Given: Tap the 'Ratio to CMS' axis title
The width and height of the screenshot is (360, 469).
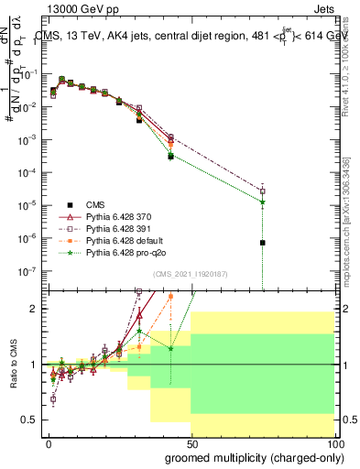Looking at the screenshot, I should click(x=12, y=366).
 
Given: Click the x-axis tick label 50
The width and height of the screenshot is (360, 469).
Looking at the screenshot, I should click(x=191, y=443).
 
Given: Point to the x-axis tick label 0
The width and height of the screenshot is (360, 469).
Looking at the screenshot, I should click(x=49, y=443).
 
